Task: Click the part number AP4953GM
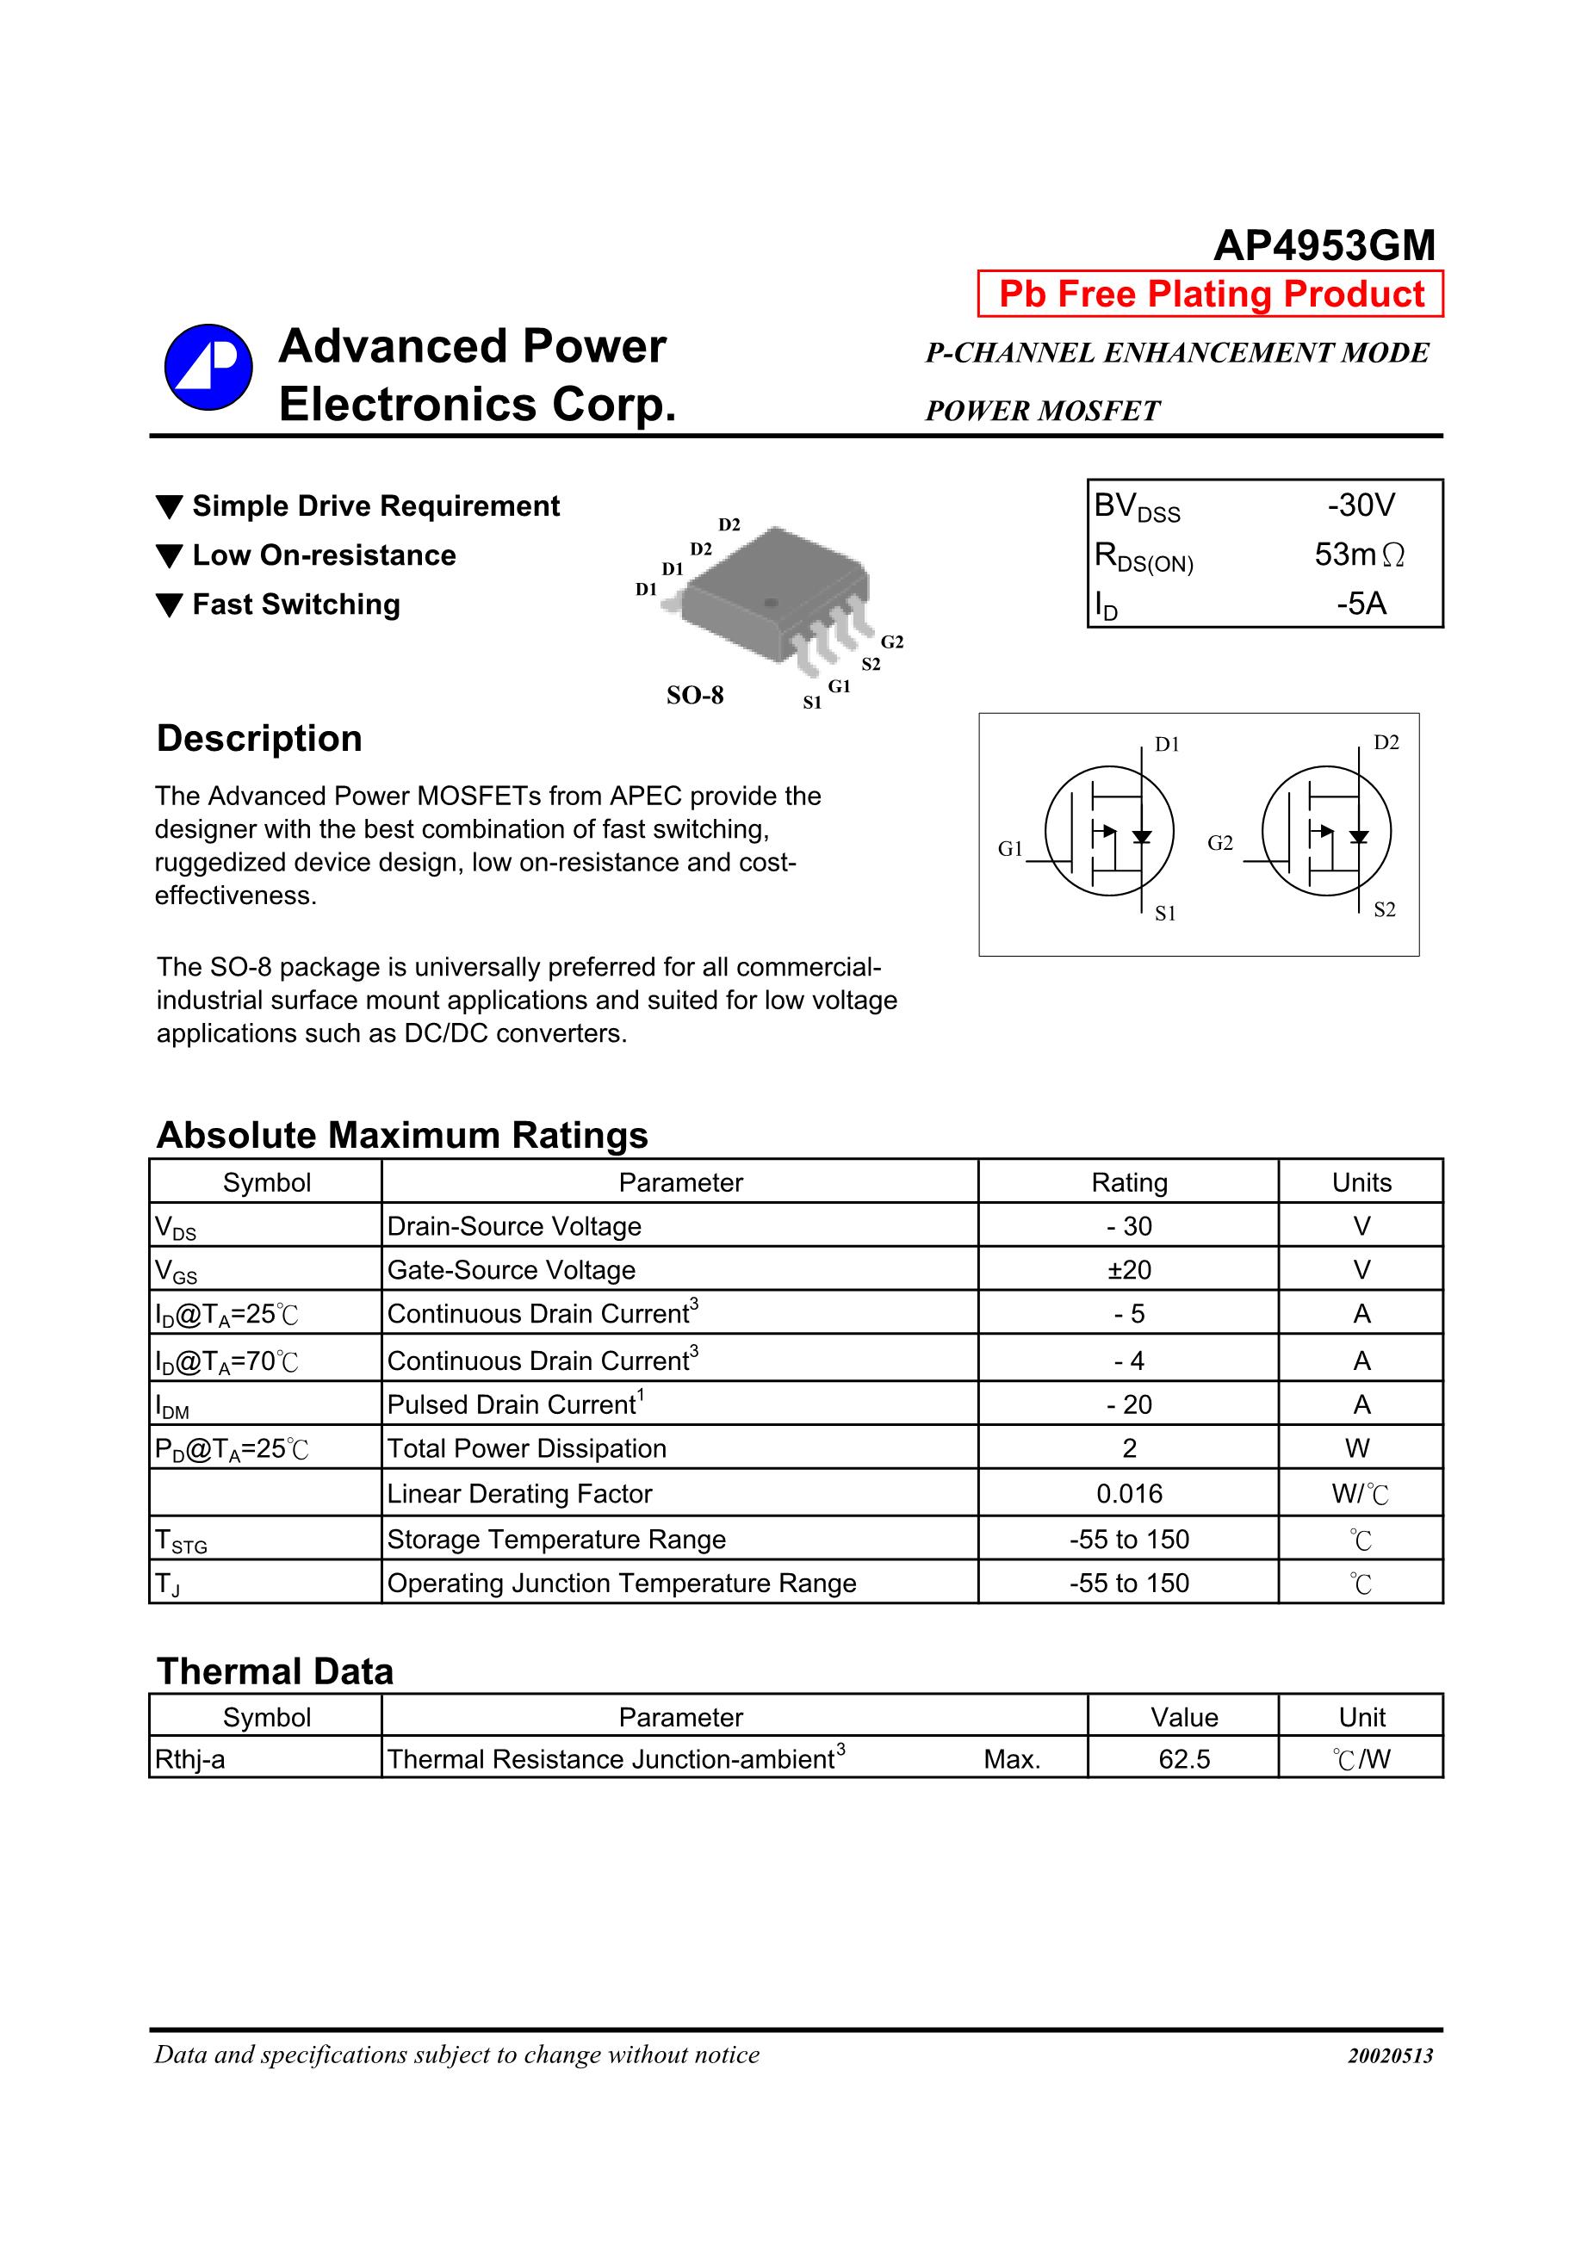point(1324,245)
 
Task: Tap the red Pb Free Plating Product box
point(1210,294)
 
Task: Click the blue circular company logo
point(208,368)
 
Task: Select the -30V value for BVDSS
point(1361,505)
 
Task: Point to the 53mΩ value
point(1359,555)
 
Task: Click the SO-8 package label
point(695,696)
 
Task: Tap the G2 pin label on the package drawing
point(891,642)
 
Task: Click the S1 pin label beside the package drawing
point(812,703)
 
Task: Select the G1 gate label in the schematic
point(1010,849)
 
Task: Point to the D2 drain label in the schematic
point(1386,743)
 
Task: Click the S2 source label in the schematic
point(1385,910)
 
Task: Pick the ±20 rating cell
point(1129,1269)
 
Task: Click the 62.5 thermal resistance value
point(1184,1759)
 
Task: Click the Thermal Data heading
point(276,1671)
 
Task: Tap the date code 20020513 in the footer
point(1390,2055)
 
